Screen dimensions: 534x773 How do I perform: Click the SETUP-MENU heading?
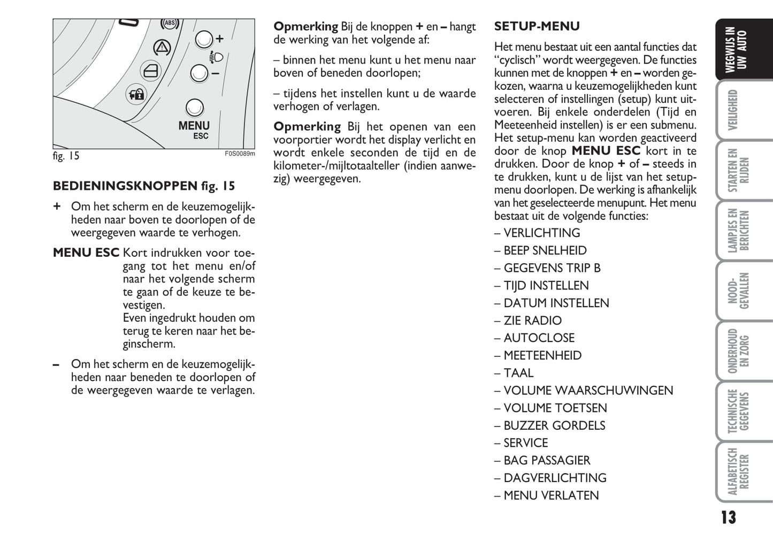[x=537, y=26]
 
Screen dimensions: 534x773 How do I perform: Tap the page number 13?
[x=728, y=517]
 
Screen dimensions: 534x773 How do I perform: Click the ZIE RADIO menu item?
[x=532, y=321]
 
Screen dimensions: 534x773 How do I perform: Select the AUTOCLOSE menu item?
[x=539, y=338]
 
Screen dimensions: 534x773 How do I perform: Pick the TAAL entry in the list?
[x=518, y=373]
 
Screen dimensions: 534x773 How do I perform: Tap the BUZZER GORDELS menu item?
[x=554, y=425]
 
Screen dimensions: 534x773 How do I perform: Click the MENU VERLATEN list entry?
[x=551, y=495]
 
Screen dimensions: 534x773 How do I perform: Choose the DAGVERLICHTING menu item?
[x=555, y=478]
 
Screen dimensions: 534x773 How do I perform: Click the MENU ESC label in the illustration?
[x=194, y=129]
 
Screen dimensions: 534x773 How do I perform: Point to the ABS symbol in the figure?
[x=170, y=24]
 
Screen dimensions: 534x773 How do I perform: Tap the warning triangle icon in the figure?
[x=162, y=48]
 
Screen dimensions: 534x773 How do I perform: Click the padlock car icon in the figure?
[x=135, y=95]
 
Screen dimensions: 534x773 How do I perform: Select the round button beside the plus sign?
[x=204, y=39]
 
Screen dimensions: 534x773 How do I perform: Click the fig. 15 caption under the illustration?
[x=66, y=156]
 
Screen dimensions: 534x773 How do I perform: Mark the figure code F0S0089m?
[x=239, y=154]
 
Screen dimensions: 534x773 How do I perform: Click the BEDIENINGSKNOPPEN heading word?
[x=125, y=186]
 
